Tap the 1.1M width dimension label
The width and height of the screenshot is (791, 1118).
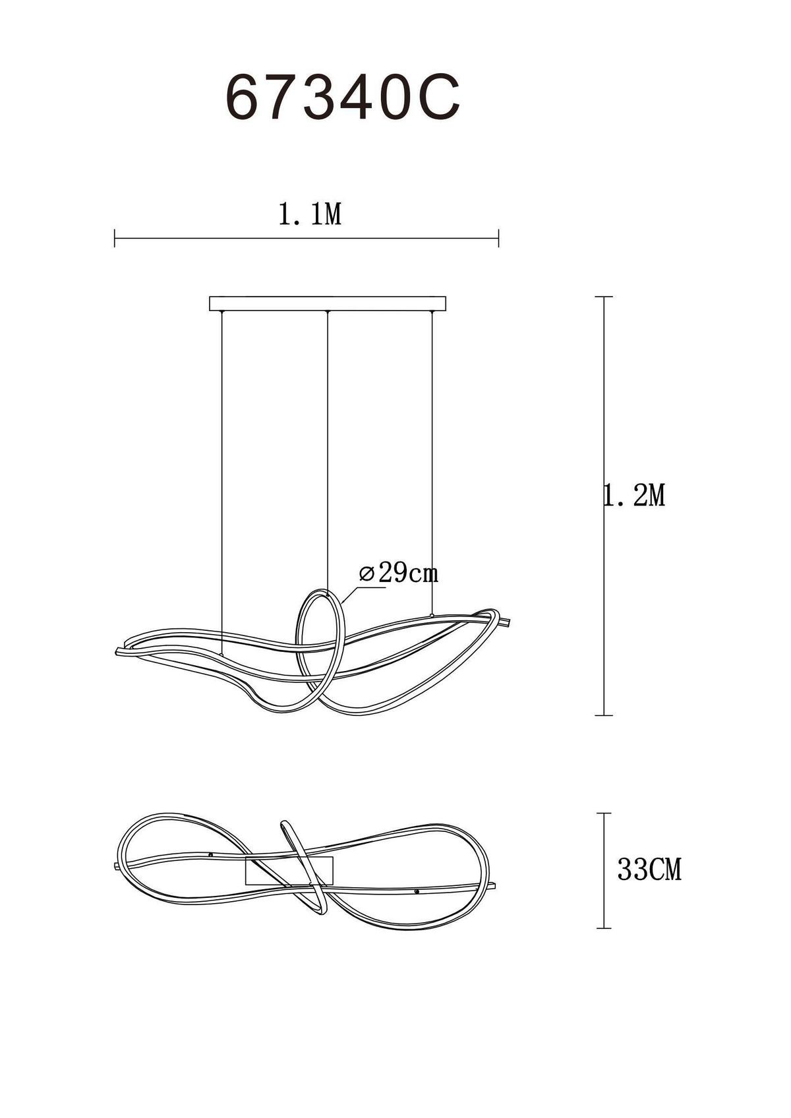coord(310,214)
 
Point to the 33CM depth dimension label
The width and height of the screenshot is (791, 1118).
coord(649,870)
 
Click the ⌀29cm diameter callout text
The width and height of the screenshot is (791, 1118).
coord(399,573)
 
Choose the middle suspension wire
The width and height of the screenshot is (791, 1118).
coord(327,448)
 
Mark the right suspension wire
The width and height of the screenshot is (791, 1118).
coord(432,461)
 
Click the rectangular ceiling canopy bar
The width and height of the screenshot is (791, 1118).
coord(328,303)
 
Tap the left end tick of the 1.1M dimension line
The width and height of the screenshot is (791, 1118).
coord(115,238)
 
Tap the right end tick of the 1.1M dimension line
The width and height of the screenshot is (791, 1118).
coord(498,238)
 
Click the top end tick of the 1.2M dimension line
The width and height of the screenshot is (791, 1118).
coord(604,297)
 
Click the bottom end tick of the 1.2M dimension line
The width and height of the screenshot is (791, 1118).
coord(604,715)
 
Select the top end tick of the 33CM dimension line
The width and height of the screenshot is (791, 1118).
coord(604,813)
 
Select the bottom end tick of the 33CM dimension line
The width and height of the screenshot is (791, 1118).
coord(604,928)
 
